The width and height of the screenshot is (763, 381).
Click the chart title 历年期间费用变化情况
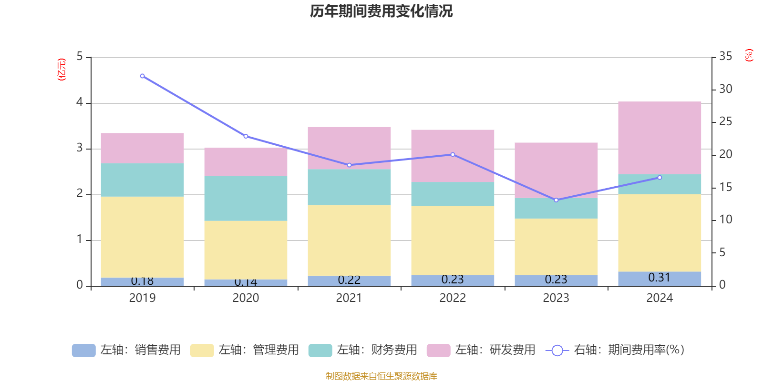pos(381,11)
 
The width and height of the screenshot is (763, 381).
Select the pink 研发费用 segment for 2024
pos(660,138)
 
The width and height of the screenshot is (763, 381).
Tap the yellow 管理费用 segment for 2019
pos(142,237)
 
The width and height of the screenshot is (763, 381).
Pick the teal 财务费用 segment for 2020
pos(246,198)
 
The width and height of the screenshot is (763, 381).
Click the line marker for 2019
pos(142,76)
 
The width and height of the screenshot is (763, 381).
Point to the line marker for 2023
pos(556,200)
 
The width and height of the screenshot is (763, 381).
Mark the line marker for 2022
pos(453,155)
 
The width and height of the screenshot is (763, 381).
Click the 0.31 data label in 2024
pos(659,278)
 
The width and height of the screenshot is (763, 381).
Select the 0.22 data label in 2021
pos(349,280)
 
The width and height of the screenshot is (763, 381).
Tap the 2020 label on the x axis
pos(246,298)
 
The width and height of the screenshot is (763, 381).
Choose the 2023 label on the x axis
pos(556,298)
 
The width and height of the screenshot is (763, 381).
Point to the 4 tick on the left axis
pos(80,102)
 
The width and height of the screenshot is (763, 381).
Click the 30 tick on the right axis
pos(725,89)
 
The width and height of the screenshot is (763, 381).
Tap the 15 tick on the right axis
pos(725,187)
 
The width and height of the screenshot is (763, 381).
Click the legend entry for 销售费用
pos(127,350)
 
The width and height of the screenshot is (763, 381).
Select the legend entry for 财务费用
pos(363,350)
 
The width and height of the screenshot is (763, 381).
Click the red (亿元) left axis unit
pos(62,70)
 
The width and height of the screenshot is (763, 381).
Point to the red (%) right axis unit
pos(749,55)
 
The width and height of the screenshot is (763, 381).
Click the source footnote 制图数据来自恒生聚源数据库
pos(381,376)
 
